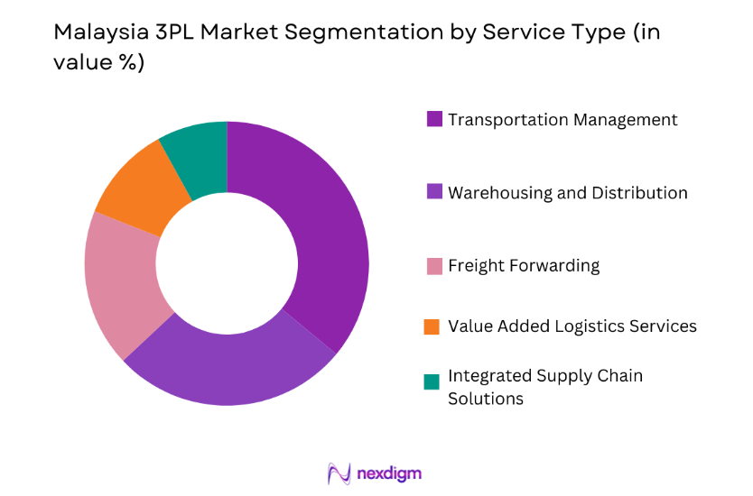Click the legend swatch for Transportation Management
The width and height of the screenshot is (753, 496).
point(434,119)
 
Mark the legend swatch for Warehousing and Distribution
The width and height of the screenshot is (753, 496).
point(434,192)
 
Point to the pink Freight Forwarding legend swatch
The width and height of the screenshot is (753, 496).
point(434,265)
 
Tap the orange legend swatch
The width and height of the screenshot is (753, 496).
point(434,326)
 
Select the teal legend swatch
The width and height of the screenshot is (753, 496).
point(434,381)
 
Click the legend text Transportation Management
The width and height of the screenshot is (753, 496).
point(562,119)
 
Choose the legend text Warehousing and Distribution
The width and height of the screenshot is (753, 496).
point(567,193)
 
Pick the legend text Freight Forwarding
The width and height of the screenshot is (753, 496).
point(524,265)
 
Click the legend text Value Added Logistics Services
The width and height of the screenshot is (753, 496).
point(572,326)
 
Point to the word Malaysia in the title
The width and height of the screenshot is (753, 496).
point(92,32)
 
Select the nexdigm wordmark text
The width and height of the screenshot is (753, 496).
point(389,473)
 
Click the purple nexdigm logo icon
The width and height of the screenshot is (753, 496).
point(339,473)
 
